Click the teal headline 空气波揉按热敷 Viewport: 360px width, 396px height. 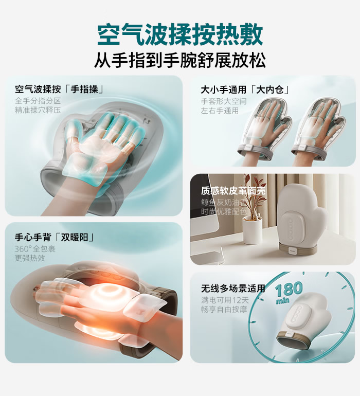180,34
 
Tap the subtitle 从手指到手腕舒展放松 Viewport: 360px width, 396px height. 180,60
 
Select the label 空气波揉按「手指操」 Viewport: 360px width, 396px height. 59,89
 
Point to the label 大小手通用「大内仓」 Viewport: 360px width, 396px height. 245,89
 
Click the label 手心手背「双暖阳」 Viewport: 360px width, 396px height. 55,237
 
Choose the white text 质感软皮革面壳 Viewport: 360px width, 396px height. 233,191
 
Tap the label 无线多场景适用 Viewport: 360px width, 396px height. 233,288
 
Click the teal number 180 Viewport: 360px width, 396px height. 289,290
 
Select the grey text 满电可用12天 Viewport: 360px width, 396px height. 225,300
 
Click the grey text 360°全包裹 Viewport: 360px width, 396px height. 35,249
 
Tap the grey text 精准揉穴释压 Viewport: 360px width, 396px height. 38,110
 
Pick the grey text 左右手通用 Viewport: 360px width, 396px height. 220,111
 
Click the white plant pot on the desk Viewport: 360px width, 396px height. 252,230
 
